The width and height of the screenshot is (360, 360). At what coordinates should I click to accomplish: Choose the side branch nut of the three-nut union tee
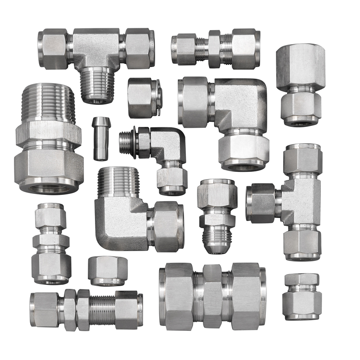click(261, 202)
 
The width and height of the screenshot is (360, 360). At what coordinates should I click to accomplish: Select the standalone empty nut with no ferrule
click(106, 270)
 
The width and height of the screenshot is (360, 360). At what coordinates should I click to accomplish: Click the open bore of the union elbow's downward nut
click(243, 167)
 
